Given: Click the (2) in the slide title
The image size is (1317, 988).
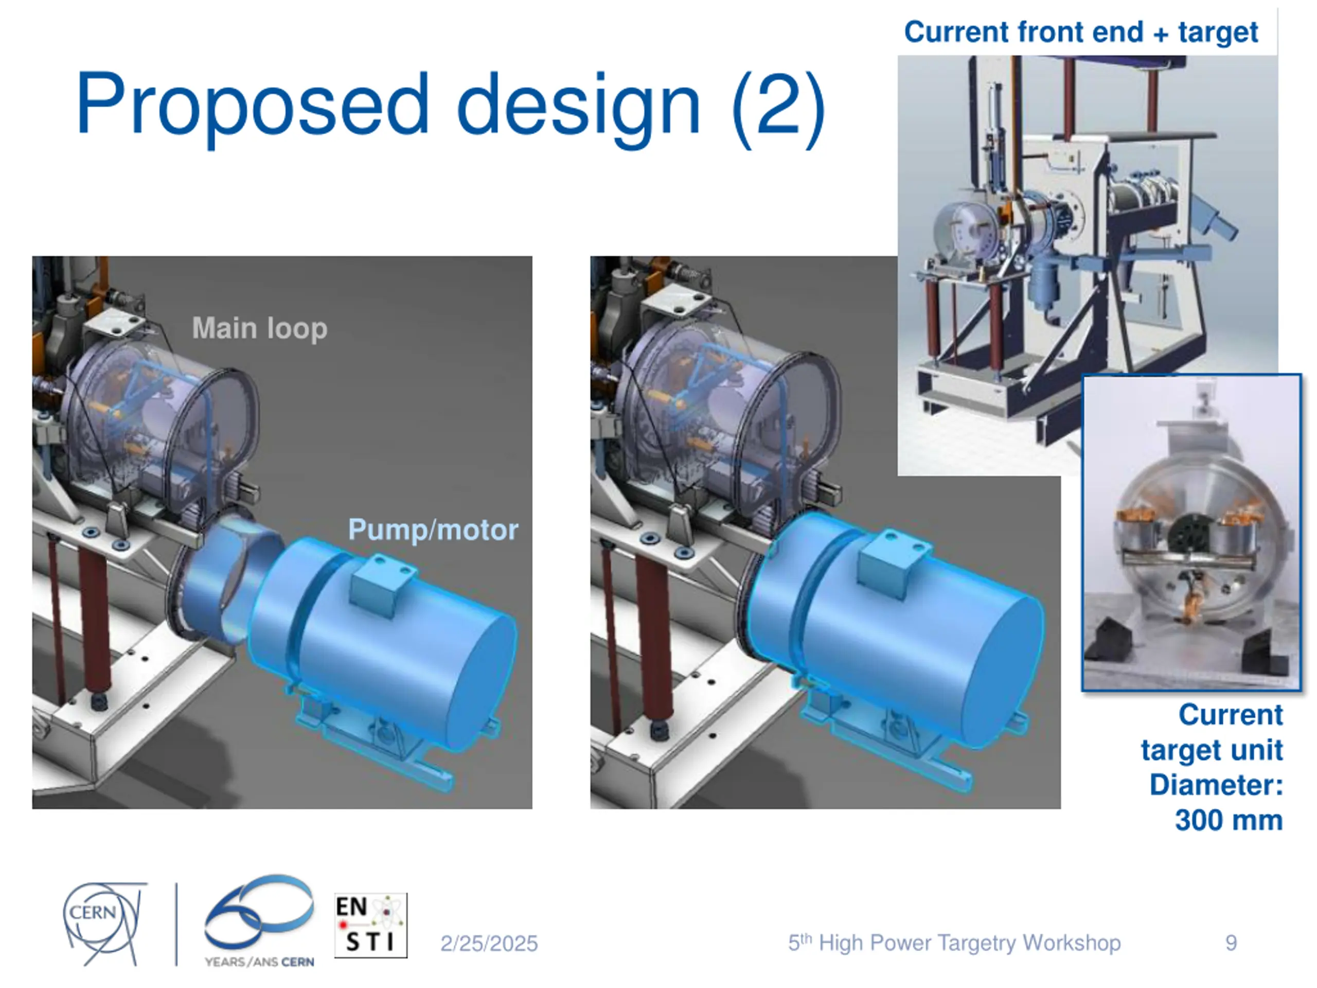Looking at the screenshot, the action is (x=777, y=104).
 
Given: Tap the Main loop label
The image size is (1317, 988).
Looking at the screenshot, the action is (x=260, y=328).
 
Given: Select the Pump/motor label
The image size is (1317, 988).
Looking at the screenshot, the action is (x=433, y=530).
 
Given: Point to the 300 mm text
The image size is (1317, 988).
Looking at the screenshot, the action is (x=1229, y=820).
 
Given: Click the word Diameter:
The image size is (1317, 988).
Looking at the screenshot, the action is (x=1216, y=785).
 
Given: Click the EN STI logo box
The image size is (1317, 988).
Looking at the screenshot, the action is (x=370, y=925).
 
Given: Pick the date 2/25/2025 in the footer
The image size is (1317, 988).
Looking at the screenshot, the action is (x=489, y=943).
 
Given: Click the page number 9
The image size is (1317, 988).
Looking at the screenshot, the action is (x=1231, y=943).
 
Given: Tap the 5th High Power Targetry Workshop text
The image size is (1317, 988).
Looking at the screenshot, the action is (x=954, y=943).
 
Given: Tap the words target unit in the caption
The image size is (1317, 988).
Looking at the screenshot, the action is (x=1212, y=750).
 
